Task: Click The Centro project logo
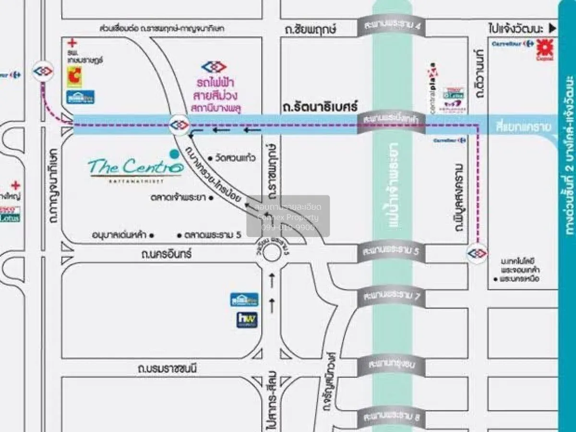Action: tap(135, 168)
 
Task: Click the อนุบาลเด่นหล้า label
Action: tap(120, 235)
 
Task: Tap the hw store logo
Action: tap(247, 320)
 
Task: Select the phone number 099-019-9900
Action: tap(288, 228)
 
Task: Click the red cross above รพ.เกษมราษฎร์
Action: tap(72, 43)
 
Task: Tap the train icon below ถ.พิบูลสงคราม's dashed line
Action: tap(477, 252)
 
